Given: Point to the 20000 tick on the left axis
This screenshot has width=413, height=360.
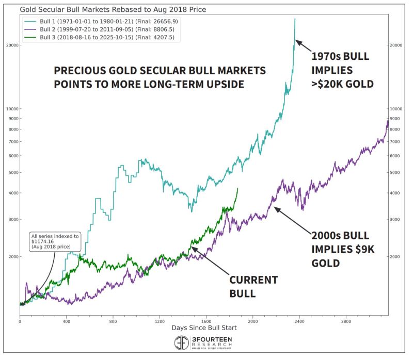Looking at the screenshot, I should (11, 45).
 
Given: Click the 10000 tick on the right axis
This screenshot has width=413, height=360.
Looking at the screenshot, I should (396, 109).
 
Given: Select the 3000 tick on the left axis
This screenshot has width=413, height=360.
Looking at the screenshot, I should (12, 219).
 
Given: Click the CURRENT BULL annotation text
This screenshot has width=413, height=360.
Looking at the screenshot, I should (253, 287).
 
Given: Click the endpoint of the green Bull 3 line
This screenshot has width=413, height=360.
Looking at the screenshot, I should (237, 189).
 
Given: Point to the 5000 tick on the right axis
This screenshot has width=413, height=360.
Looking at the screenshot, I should (395, 173).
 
